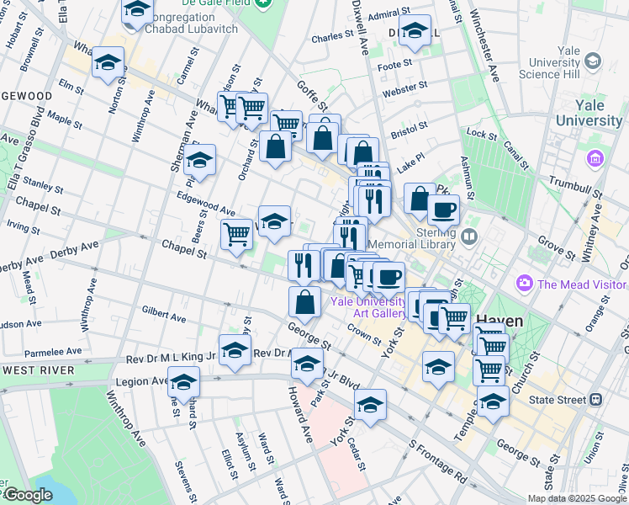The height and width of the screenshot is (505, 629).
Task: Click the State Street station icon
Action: [595, 399]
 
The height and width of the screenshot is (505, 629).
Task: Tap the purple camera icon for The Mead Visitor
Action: [526, 284]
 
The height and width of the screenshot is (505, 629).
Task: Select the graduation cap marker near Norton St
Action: [108, 63]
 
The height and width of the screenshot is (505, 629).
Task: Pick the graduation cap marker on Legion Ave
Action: [183, 382]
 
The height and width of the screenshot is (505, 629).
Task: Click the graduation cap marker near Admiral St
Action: [414, 32]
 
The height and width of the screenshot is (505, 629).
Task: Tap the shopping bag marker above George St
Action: [304, 303]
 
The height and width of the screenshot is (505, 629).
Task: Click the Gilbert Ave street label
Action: [164, 314]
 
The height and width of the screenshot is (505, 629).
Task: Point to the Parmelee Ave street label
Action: [52, 350]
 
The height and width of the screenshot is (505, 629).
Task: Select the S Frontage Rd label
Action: [438, 460]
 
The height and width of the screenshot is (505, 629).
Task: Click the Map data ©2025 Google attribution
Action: [577, 498]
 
